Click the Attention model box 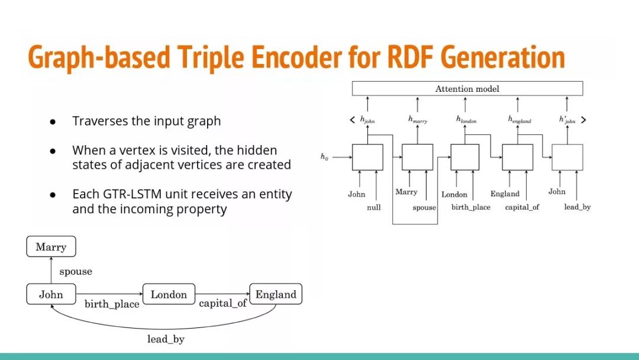coord(467,89)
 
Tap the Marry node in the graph coord(51,247)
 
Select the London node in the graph coord(169,294)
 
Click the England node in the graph coord(276,294)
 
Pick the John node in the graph coord(51,294)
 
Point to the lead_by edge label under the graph coord(166,339)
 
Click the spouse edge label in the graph coord(76,272)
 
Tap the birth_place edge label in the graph coord(112,304)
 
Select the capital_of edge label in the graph coord(223,304)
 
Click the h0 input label coord(324,157)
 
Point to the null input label coord(373,208)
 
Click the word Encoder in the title coord(296,58)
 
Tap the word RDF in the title coord(411,58)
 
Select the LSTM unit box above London coord(464,157)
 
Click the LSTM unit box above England coord(517,157)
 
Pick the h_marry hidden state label coord(418,120)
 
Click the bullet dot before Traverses coord(53,121)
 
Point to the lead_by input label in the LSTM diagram coord(577,207)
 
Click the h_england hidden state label coord(519,120)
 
